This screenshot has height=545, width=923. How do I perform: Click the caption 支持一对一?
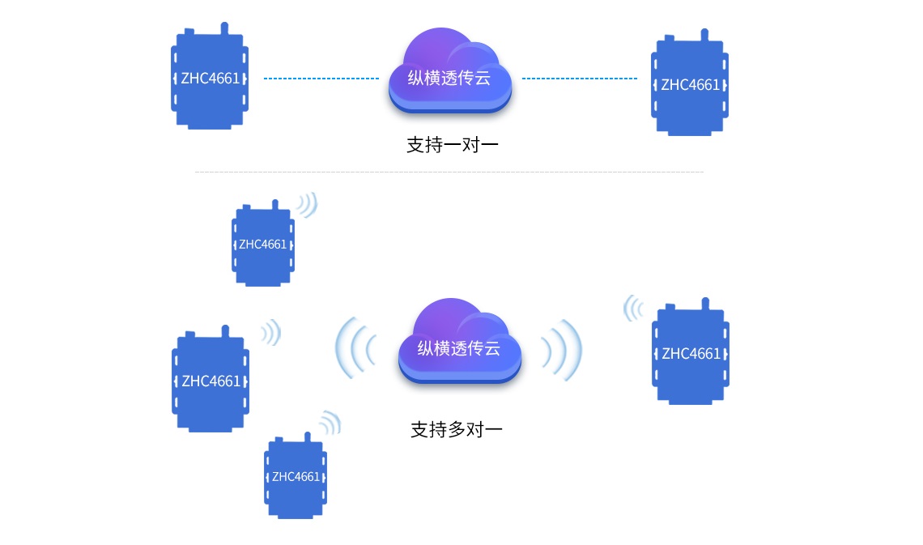click(452, 146)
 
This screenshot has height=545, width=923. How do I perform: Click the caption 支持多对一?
click(457, 429)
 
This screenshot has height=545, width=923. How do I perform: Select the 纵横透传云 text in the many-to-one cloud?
click(459, 348)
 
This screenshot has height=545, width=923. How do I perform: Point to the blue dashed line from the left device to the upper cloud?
click(321, 79)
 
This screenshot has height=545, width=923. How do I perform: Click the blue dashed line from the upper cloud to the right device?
click(579, 79)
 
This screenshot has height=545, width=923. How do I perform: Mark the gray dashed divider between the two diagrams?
click(449, 172)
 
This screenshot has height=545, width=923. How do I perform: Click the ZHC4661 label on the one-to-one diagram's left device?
click(210, 79)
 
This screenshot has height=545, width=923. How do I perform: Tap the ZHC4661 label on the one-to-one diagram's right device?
click(690, 85)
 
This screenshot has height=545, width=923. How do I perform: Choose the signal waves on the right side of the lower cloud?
click(561, 348)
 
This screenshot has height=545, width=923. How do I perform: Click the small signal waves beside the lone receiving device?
click(632, 309)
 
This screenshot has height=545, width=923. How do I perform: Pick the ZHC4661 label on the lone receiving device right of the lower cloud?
click(691, 354)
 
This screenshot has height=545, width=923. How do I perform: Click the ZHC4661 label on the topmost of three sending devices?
click(262, 245)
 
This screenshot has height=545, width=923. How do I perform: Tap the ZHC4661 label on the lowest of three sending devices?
click(296, 477)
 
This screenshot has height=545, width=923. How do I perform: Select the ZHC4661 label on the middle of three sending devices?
click(211, 381)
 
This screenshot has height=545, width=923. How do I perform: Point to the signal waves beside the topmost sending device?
click(307, 205)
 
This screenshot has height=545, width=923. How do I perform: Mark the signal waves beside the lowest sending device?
click(330, 422)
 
